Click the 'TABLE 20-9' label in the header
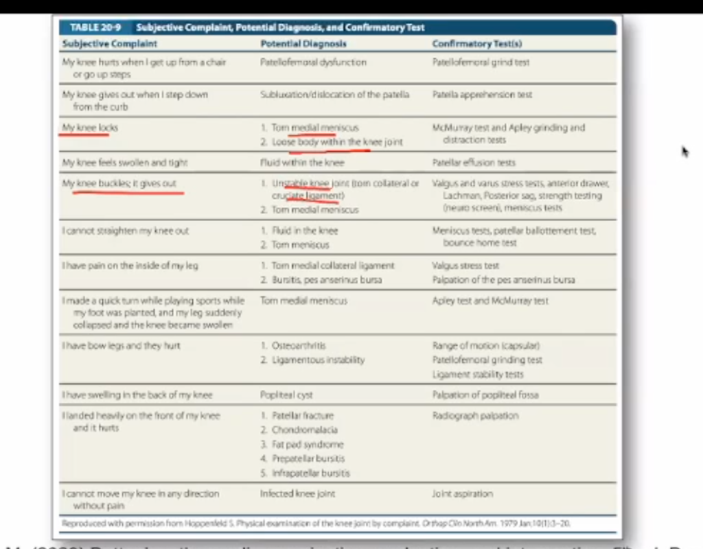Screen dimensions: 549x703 [x=97, y=27]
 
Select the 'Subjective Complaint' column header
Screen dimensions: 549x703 [x=110, y=44]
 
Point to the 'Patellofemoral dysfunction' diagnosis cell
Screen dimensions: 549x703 [x=314, y=62]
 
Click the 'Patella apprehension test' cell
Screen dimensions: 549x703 [x=482, y=95]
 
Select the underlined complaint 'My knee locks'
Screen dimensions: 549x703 [x=84, y=128]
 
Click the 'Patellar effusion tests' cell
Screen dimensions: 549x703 [x=474, y=163]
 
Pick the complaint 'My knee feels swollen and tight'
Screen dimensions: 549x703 [x=125, y=163]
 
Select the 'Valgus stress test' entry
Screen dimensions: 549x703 [x=465, y=266]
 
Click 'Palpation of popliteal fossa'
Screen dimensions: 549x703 [x=485, y=395]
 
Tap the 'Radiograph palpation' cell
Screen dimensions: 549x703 [x=475, y=416]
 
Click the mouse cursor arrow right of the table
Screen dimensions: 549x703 [x=684, y=151]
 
